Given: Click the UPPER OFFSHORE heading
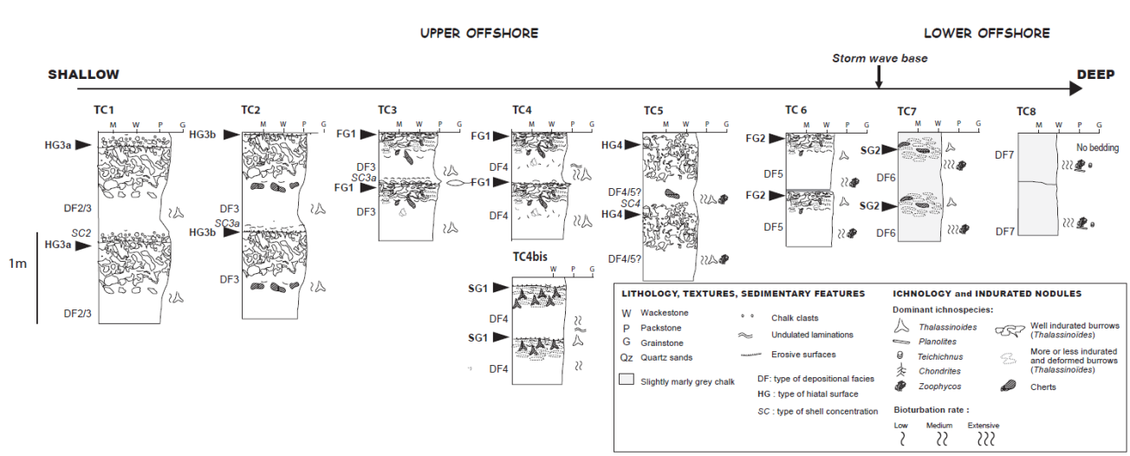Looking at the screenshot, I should click(479, 34).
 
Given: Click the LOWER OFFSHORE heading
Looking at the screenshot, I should click(986, 34).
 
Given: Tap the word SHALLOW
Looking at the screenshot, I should click(83, 75).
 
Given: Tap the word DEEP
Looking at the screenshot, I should click(1095, 75).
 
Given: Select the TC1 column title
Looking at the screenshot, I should click(105, 111).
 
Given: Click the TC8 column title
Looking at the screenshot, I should click(1029, 111).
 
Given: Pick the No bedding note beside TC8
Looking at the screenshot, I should click(1096, 147).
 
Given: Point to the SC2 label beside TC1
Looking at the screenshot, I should click(81, 234).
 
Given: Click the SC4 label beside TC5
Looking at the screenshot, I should click(630, 202).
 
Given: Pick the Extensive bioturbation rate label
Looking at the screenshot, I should click(983, 426).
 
